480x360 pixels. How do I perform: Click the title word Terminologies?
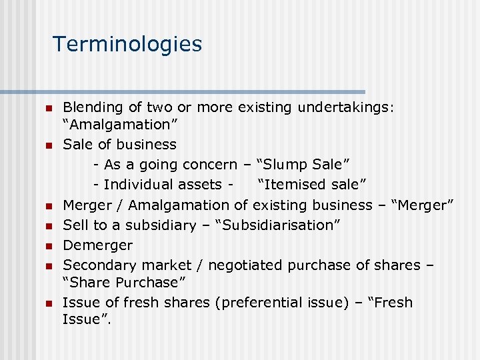(127, 44)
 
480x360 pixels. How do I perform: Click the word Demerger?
(97, 245)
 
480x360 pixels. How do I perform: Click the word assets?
(201, 185)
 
